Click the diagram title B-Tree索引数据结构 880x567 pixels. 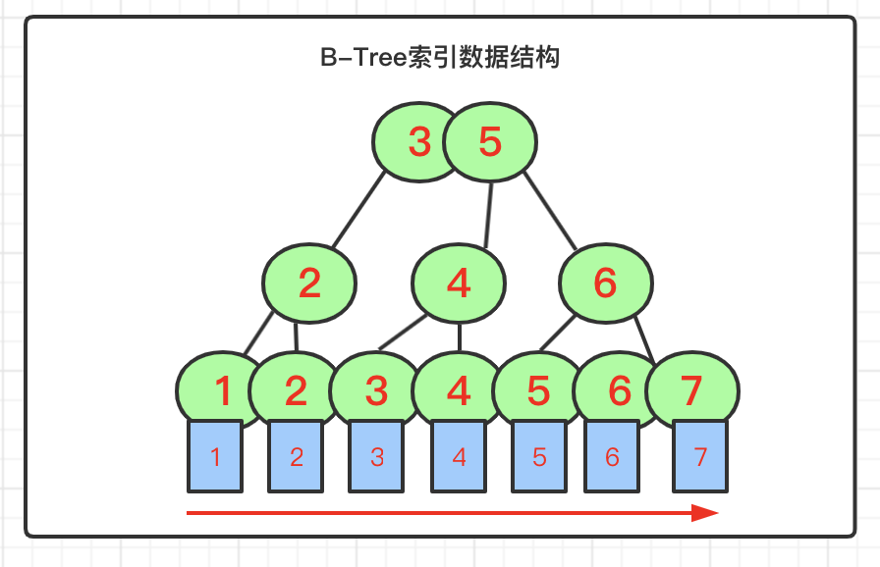pos(440,57)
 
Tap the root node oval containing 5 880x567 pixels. pos(490,141)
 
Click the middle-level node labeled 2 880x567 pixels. pos(309,283)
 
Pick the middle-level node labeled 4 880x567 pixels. pos(459,283)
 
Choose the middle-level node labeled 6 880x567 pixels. pos(606,283)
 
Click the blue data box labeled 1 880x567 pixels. pos(215,456)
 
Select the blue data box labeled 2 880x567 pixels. pos(296,456)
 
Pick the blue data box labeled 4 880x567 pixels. pos(459,456)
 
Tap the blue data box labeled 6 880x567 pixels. pos(612,456)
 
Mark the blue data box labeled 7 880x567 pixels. pos(700,456)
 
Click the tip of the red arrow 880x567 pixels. pos(718,513)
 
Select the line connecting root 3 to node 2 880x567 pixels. pos(358,209)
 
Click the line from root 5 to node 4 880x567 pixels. pos(488,215)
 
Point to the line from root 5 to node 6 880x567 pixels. pos(550,211)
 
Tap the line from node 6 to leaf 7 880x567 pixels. pos(645,340)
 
